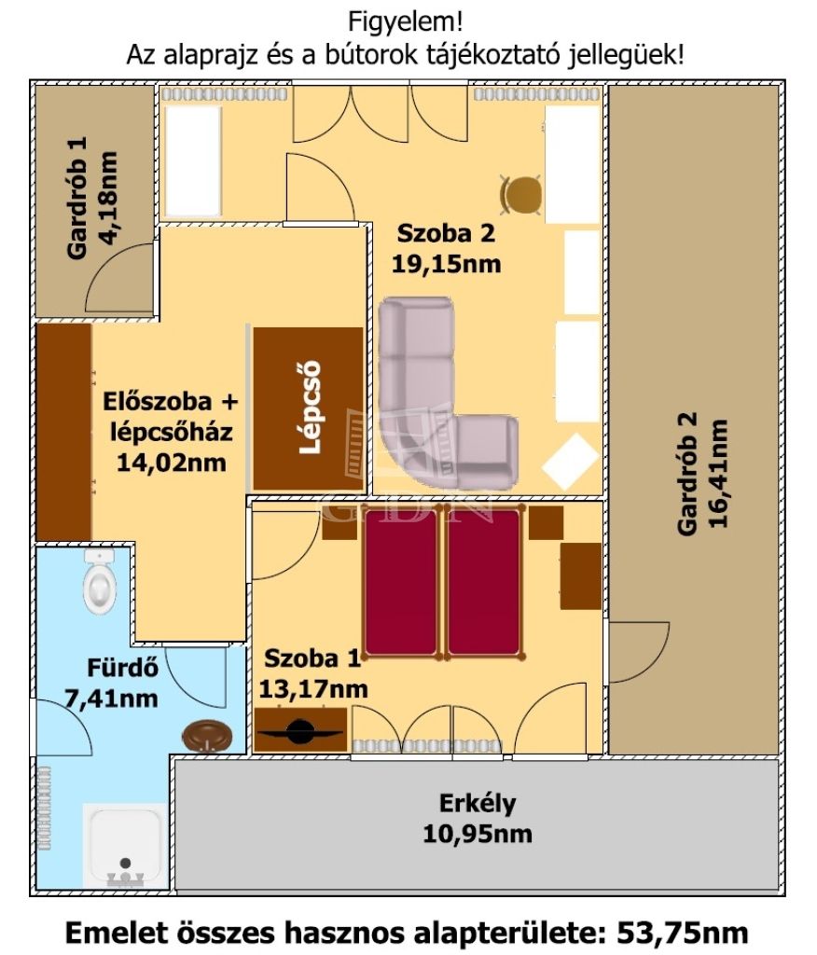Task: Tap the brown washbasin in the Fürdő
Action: click(207, 736)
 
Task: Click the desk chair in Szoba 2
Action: click(521, 195)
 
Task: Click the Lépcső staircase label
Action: click(311, 408)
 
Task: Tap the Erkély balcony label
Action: click(478, 803)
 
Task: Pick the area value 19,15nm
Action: click(446, 264)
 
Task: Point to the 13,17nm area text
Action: click(313, 689)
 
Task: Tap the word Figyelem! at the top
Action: click(405, 22)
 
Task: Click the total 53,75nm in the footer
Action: click(683, 933)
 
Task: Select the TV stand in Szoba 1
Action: click(300, 729)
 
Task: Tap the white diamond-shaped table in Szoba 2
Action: click(570, 462)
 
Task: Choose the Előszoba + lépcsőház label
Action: click(171, 417)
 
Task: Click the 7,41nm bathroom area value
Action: click(111, 698)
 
